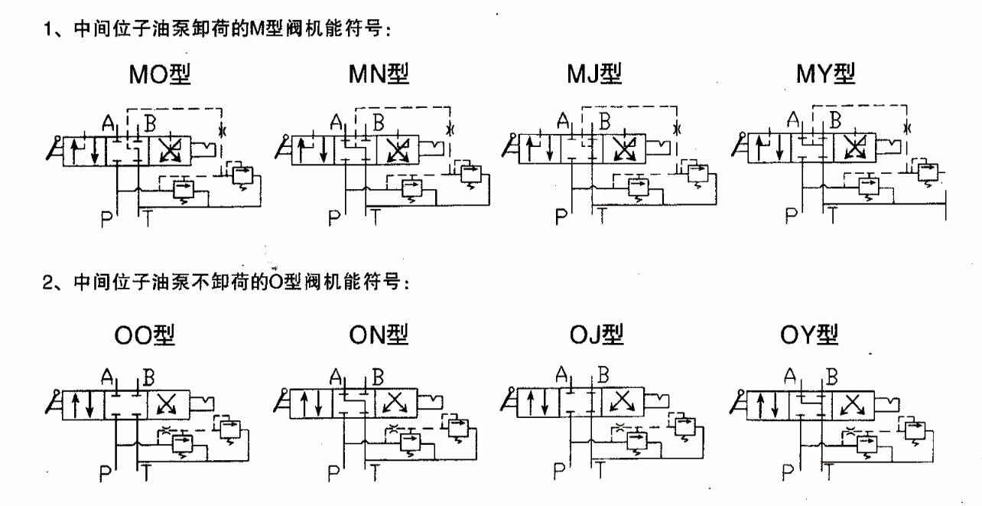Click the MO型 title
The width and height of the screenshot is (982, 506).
pos(160,74)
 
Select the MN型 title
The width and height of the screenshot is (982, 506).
pos(379,73)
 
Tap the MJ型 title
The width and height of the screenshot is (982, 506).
pos(594,73)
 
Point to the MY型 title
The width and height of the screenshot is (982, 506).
pos(825,73)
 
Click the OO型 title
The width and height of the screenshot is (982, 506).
pos(145,335)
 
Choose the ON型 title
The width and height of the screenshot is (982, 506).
pos(379,335)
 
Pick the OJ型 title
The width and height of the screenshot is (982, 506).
pos(597,335)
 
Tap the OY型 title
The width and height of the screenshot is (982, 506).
pos(809,335)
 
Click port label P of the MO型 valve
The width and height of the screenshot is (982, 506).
pos(106,219)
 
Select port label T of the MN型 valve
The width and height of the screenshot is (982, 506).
pos(376,217)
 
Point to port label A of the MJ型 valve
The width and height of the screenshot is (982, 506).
pos(563,120)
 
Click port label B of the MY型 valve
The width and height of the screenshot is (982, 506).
pos(836,120)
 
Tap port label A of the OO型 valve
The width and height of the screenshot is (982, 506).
pos(107,377)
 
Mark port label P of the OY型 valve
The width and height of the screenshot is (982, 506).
pos(788,472)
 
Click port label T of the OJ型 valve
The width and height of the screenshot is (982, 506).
pos(600,469)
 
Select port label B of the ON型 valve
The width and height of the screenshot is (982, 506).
pos(378,377)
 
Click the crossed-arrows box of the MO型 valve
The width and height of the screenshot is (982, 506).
pos(170,151)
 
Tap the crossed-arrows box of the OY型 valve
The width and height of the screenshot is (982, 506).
pos(853,406)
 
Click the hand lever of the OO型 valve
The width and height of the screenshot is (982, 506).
pos(54,402)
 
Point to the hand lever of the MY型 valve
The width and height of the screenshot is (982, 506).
pos(740,145)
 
